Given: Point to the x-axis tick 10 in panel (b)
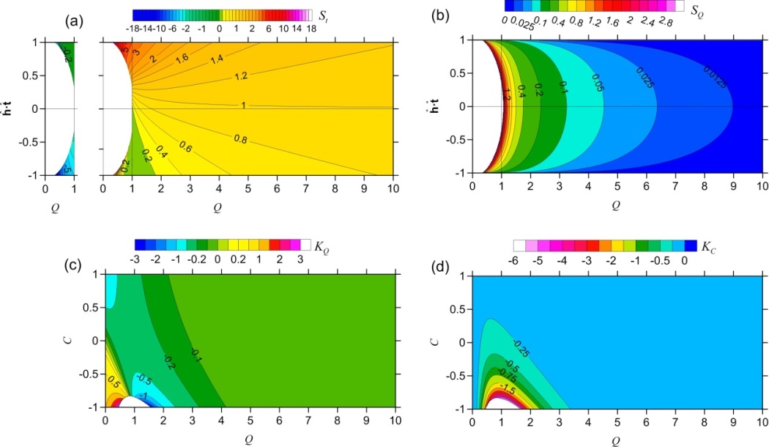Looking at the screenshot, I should coord(762,185).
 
